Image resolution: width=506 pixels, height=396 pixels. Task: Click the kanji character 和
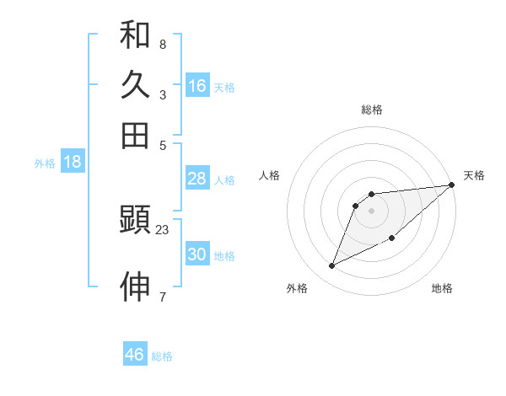135,36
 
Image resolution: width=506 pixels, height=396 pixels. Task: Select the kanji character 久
135,85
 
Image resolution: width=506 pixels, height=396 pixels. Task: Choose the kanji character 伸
135,286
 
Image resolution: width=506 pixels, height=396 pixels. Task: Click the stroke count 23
163,229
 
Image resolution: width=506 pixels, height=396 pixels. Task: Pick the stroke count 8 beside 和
163,45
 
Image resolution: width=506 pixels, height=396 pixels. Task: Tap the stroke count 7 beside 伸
163,297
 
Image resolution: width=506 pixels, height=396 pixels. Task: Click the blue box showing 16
197,86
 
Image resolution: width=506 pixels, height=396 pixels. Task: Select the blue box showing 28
197,179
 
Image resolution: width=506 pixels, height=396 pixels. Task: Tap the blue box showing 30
197,254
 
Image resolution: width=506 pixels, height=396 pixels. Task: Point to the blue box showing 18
73,162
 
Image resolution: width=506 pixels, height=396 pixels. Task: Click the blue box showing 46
135,355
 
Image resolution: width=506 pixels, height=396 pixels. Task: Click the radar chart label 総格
372,110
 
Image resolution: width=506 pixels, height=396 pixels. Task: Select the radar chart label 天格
474,175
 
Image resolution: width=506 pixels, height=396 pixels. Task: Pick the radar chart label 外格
298,288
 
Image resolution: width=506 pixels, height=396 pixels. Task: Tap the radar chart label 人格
270,175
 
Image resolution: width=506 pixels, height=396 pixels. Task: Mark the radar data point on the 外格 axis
332,266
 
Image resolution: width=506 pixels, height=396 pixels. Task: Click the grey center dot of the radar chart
372,211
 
